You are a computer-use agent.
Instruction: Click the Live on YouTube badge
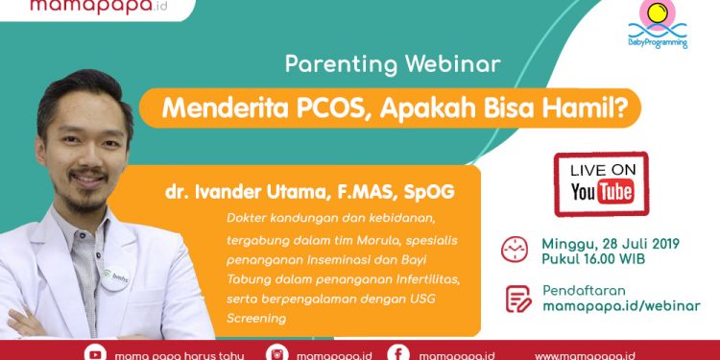[601, 183]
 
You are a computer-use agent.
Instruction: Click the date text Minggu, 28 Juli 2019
[611, 243]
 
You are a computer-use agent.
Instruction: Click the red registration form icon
[517, 298]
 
